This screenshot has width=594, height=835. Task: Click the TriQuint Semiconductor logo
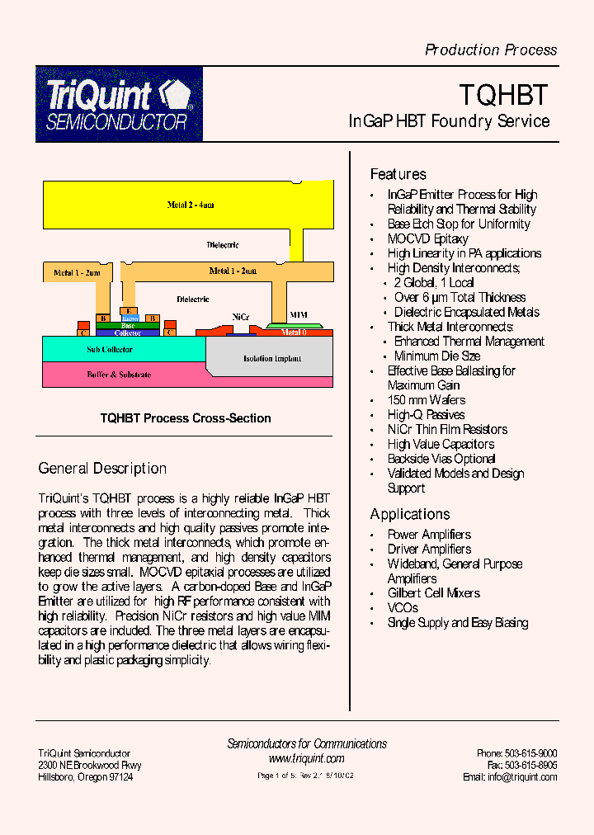point(119,104)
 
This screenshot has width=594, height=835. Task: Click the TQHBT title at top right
point(503,95)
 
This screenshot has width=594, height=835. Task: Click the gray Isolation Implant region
point(271,359)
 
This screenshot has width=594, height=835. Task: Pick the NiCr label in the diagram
point(241,316)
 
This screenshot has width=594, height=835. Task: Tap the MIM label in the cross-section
point(299,315)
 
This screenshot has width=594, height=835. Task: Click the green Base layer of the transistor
point(129,326)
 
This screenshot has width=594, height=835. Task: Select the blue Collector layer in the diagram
point(127,333)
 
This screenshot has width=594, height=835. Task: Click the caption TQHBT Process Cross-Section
point(186,418)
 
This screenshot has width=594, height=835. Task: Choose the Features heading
point(398,174)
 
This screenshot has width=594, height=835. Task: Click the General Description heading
point(102,469)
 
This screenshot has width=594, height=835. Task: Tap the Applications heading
point(410,514)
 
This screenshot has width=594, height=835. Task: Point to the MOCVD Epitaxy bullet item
point(427,238)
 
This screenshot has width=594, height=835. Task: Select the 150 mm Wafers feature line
point(426,400)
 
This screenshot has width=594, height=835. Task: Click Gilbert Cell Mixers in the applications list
point(433,593)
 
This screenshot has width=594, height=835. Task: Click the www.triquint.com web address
point(306,759)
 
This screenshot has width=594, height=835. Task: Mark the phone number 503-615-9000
point(530,753)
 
